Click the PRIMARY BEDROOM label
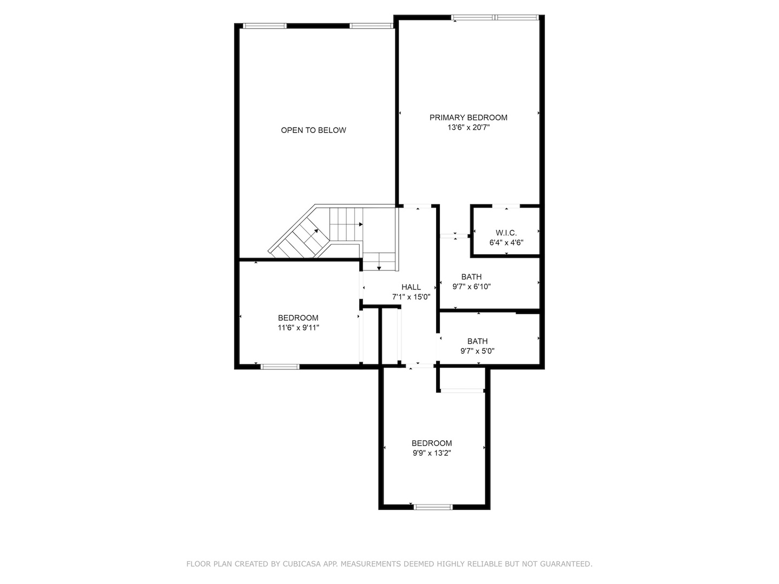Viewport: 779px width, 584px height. coord(468,117)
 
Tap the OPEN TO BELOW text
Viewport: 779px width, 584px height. coord(313,130)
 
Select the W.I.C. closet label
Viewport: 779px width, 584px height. coord(506,233)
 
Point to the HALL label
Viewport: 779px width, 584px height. coord(411,287)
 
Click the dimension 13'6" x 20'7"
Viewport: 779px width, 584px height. coord(468,128)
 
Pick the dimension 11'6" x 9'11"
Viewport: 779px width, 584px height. coord(298,328)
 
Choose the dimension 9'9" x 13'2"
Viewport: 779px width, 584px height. coord(431,453)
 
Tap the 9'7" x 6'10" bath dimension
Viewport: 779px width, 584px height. coord(471,287)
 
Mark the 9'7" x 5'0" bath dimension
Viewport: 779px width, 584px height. coord(477,351)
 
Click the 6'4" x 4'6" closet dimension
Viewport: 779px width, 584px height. coord(506,243)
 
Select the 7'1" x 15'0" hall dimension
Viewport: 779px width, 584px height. coord(411,297)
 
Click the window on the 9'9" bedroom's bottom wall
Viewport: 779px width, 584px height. coord(433,507)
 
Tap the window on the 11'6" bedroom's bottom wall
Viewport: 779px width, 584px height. coord(280,367)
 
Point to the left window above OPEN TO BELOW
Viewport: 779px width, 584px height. coord(265,25)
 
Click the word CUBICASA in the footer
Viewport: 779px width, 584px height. coord(303,564)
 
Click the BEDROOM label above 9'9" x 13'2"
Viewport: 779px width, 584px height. coord(431,443)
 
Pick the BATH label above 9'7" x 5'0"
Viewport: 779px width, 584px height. coord(477,341)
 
